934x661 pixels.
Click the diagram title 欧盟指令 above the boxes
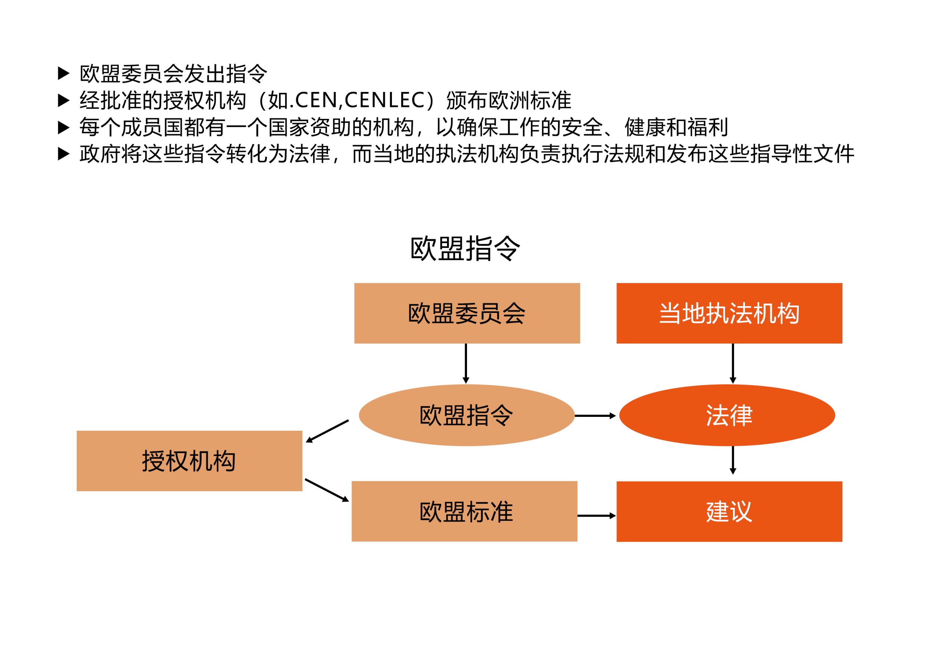pyautogui.click(x=465, y=248)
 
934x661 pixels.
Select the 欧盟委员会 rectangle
pyautogui.click(x=467, y=313)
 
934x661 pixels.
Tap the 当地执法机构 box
pyautogui.click(x=729, y=313)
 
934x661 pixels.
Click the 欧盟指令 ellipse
pyautogui.click(x=467, y=415)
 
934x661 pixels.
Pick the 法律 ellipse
pyautogui.click(x=727, y=415)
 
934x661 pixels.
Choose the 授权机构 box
pyautogui.click(x=189, y=461)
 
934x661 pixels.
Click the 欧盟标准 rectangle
pyautogui.click(x=464, y=511)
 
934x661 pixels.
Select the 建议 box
pyautogui.click(x=729, y=511)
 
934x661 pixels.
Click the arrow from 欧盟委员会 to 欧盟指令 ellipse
pyautogui.click(x=466, y=363)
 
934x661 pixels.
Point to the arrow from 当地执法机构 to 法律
pyautogui.click(x=733, y=363)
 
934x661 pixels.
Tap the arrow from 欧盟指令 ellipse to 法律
pyautogui.click(x=595, y=416)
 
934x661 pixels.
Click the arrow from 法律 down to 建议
pyautogui.click(x=733, y=460)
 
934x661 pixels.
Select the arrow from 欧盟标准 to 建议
pyautogui.click(x=597, y=516)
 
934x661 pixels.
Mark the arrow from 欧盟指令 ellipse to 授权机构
pyautogui.click(x=327, y=431)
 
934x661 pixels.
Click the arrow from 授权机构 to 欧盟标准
pyautogui.click(x=327, y=490)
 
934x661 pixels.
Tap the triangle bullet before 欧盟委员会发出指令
pyautogui.click(x=64, y=74)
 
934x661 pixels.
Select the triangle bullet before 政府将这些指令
pyautogui.click(x=64, y=154)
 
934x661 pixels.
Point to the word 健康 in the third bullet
pyautogui.click(x=645, y=127)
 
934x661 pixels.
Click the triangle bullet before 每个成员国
pyautogui.click(x=64, y=127)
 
